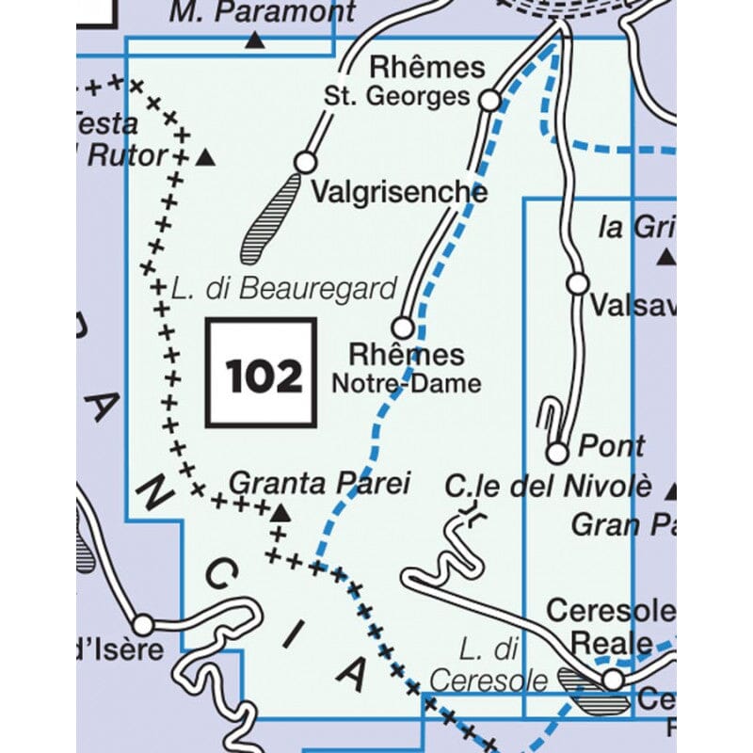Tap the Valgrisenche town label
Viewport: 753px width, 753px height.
[x=399, y=192]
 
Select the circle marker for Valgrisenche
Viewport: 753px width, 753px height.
[x=305, y=163]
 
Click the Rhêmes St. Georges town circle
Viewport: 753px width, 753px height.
[x=489, y=99]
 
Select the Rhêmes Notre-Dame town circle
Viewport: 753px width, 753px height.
[x=402, y=328]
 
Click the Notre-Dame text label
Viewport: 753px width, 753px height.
[x=406, y=383]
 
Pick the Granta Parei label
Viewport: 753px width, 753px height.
[x=320, y=484]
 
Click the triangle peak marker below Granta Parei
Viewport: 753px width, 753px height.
[x=280, y=513]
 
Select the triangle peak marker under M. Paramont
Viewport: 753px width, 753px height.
[x=254, y=40]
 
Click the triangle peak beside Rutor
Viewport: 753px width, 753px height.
[x=205, y=158]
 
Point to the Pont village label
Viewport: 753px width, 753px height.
[x=612, y=445]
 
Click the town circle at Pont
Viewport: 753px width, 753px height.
[x=558, y=454]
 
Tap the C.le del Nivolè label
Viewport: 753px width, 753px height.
[x=548, y=487]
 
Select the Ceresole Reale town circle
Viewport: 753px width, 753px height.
[x=613, y=679]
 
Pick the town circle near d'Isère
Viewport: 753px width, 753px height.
[x=143, y=624]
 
